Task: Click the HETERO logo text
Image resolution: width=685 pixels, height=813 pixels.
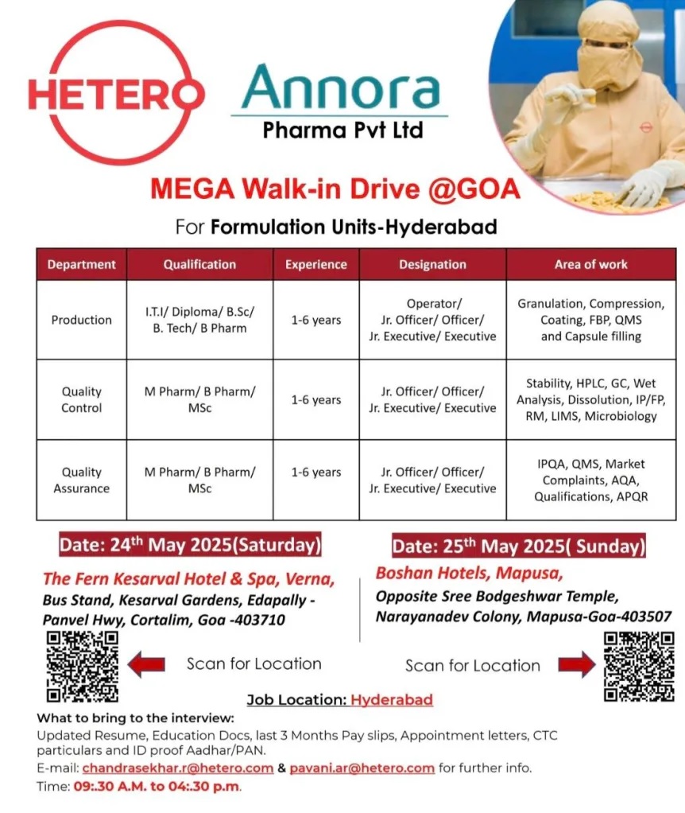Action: coord(116,92)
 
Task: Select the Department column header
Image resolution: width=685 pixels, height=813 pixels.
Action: coord(81,264)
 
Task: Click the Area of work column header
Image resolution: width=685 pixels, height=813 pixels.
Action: coord(590,264)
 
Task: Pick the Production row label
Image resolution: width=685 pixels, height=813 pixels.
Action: coord(81,320)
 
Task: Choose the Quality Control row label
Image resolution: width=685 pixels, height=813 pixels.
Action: coord(81,399)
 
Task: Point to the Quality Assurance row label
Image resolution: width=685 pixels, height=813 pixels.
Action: coord(81,480)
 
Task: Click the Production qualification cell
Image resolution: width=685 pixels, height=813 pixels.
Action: coord(199,320)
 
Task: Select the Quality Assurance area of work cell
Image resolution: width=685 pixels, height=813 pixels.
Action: coord(590,480)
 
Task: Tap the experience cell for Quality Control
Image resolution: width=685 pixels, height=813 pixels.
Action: coord(315,399)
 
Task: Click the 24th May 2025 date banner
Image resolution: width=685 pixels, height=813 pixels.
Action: coord(190,545)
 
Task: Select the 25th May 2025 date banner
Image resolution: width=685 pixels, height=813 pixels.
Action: coord(518,547)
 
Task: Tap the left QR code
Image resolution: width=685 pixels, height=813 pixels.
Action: coord(82,667)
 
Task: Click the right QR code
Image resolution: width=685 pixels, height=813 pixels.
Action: coord(639,667)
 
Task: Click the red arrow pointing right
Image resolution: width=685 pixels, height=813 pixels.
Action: coord(576,664)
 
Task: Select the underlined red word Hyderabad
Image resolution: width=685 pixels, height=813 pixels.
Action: coord(391,700)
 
